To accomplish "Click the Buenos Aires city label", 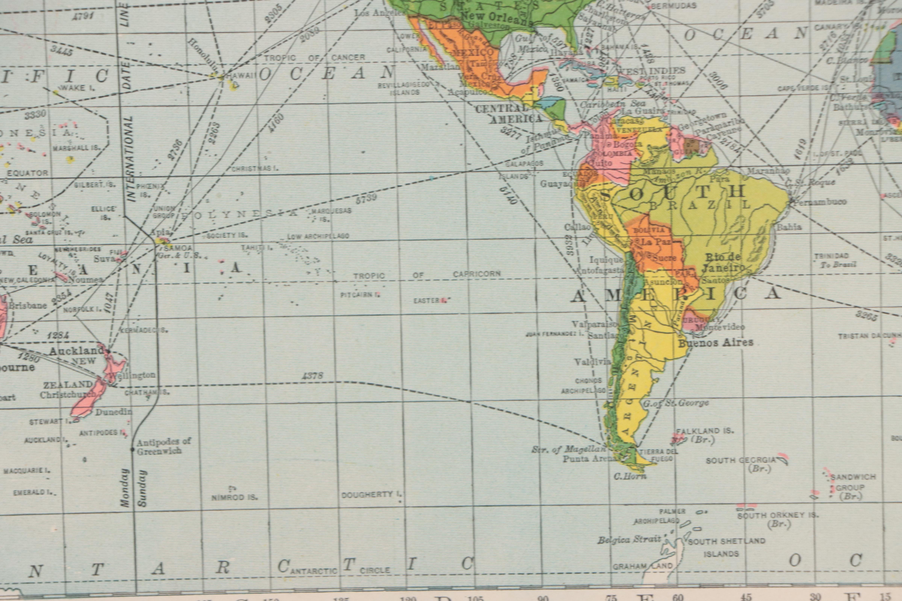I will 716,342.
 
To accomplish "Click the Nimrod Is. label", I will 234,498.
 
